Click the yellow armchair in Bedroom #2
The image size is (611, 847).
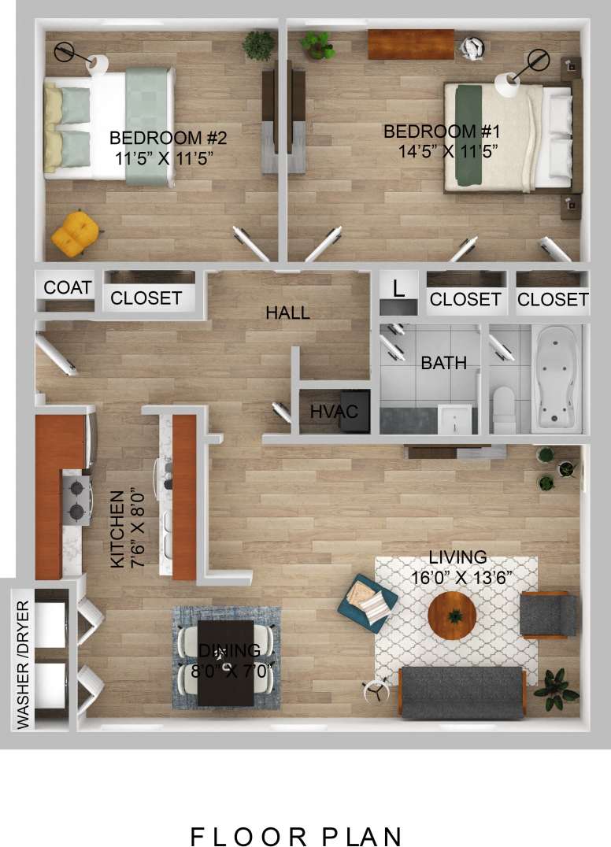[76, 232]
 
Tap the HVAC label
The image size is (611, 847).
[334, 411]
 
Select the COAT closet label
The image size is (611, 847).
[68, 287]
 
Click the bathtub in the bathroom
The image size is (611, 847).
[557, 378]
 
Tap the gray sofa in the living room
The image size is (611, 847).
[461, 691]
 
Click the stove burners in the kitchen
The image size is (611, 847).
[77, 501]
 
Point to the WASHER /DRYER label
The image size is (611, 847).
[22, 665]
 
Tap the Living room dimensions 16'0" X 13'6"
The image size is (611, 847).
[461, 577]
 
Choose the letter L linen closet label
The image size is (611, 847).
[399, 288]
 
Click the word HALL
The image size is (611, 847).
[287, 313]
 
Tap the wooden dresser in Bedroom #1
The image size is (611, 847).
[410, 43]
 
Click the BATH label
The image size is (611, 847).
[443, 363]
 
